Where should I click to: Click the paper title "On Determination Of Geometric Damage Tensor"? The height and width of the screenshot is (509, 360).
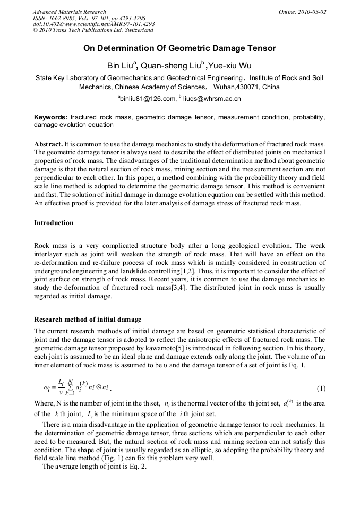click(179, 49)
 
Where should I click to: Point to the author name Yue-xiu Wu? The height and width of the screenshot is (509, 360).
click(229, 66)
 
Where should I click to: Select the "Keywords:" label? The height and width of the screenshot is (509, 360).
click(50, 117)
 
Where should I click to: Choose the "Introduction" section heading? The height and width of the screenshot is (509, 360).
click(54, 223)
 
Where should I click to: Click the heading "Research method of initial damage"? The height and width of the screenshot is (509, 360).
click(88, 320)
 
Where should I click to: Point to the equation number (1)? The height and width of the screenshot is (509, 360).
click(320, 389)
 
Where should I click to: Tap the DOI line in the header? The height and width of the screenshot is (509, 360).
click(94, 24)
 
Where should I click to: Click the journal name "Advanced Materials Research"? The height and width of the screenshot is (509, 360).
click(70, 12)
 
